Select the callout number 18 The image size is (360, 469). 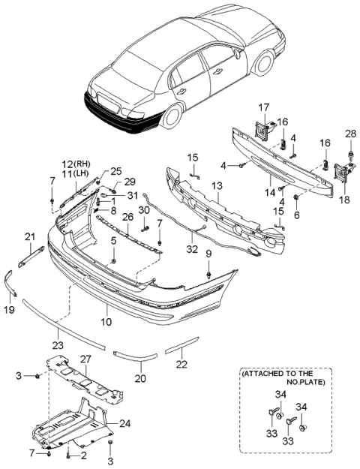pyautogui.click(x=345, y=201)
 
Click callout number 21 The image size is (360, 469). pyautogui.click(x=30, y=237)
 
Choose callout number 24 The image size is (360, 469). pyautogui.click(x=124, y=424)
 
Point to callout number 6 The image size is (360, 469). pyautogui.click(x=296, y=215)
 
